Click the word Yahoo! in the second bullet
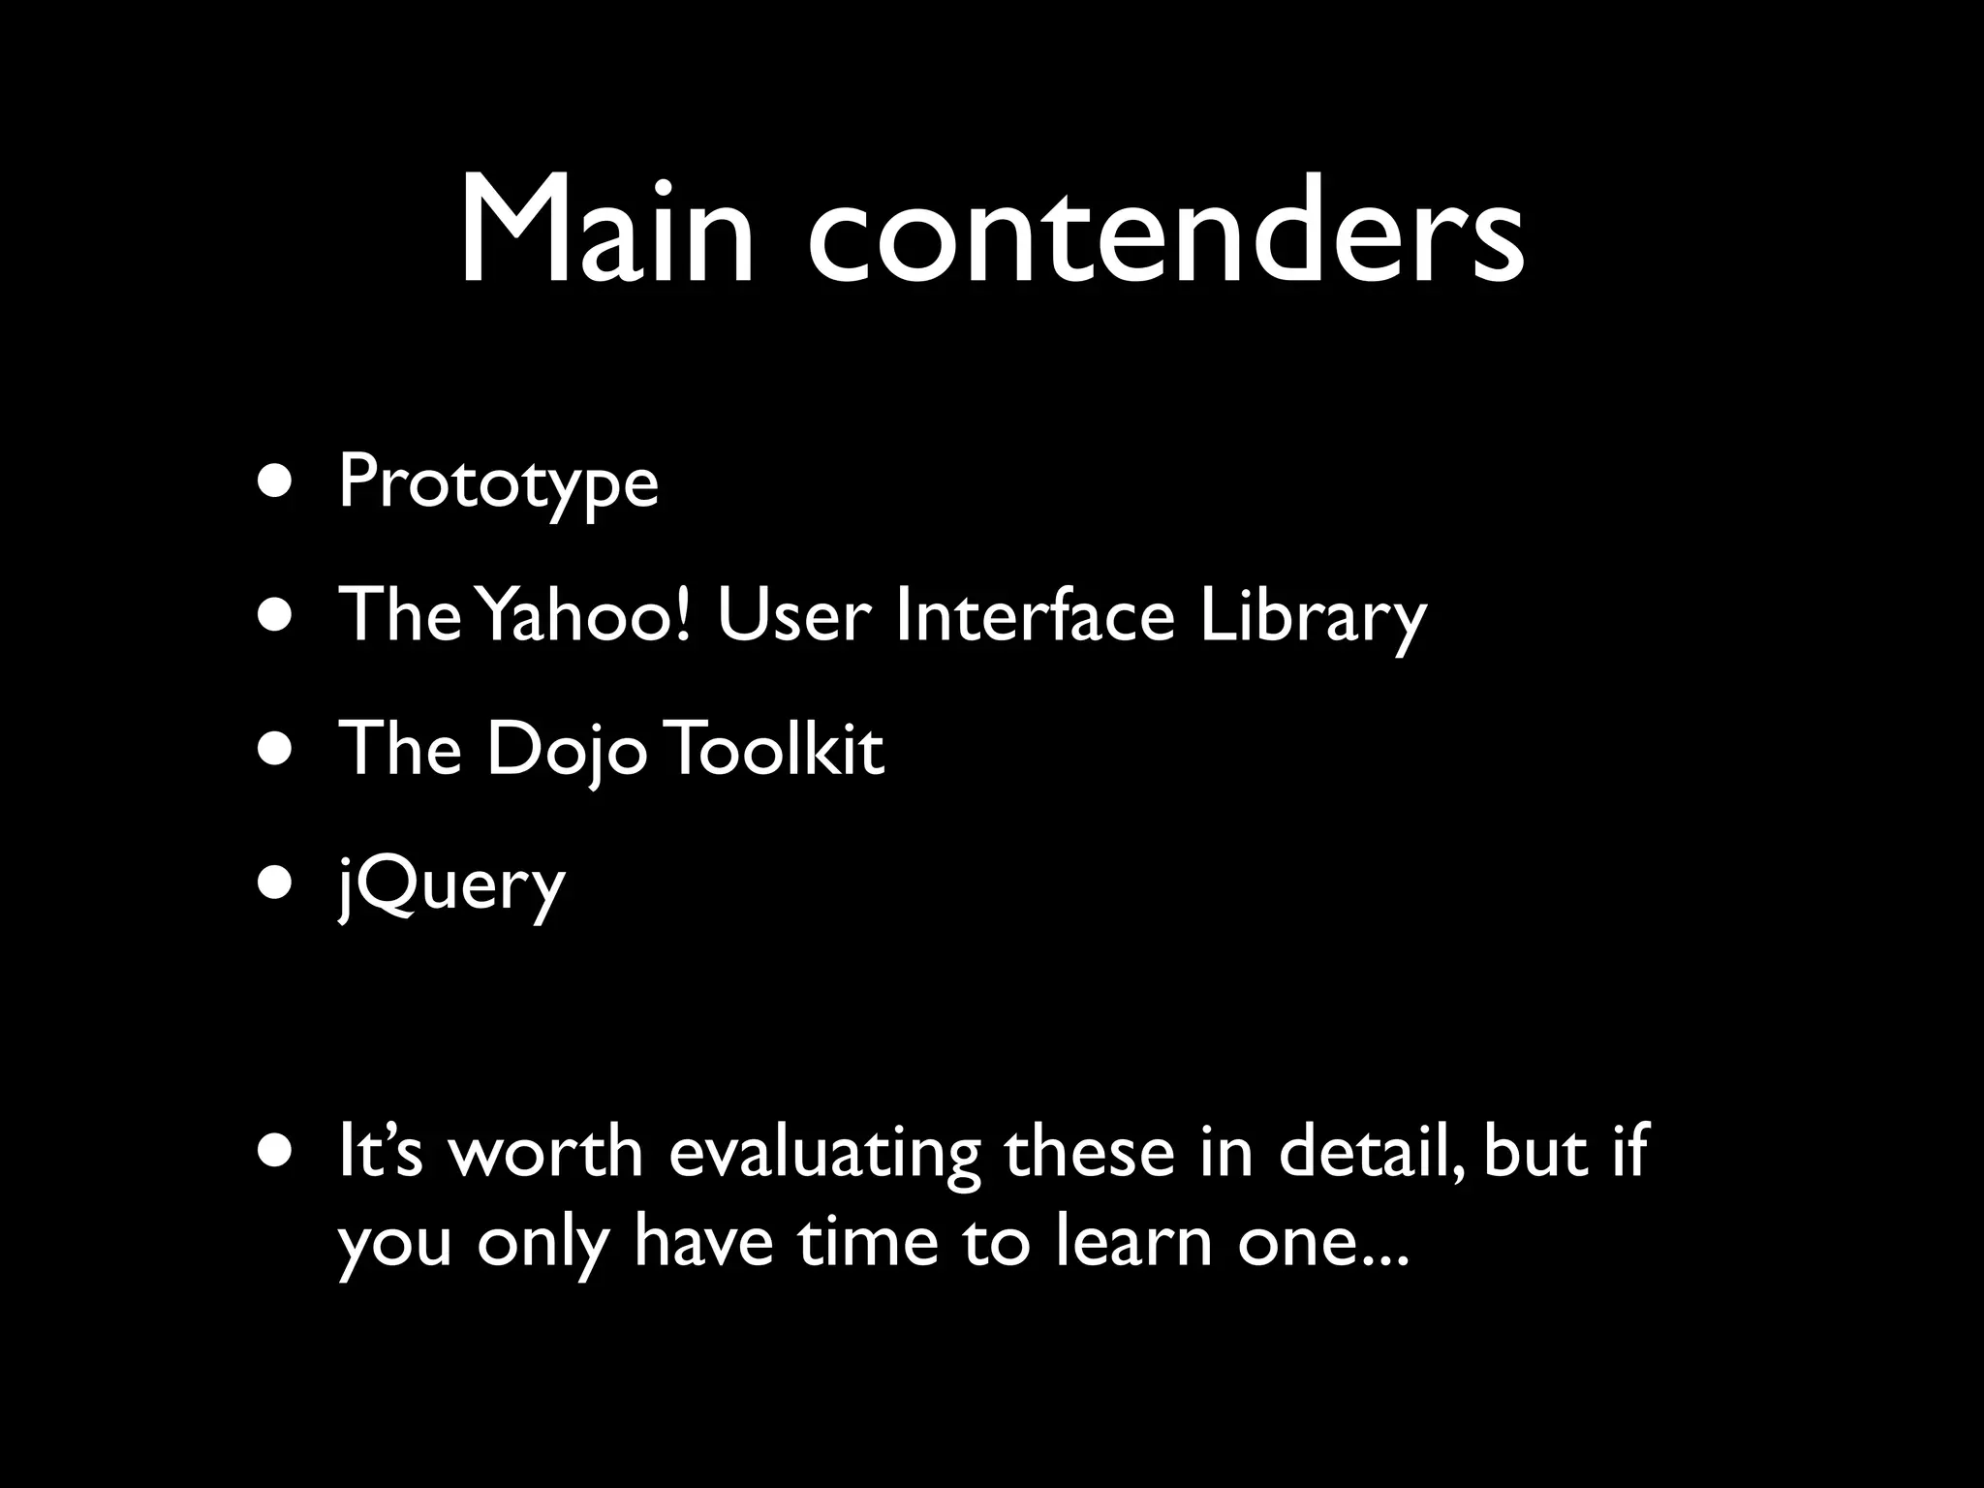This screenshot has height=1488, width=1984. (587, 615)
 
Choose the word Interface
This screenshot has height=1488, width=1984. (1035, 615)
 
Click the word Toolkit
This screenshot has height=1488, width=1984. (776, 749)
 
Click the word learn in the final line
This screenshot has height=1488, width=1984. (1133, 1242)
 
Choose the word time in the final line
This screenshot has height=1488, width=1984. (868, 1242)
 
